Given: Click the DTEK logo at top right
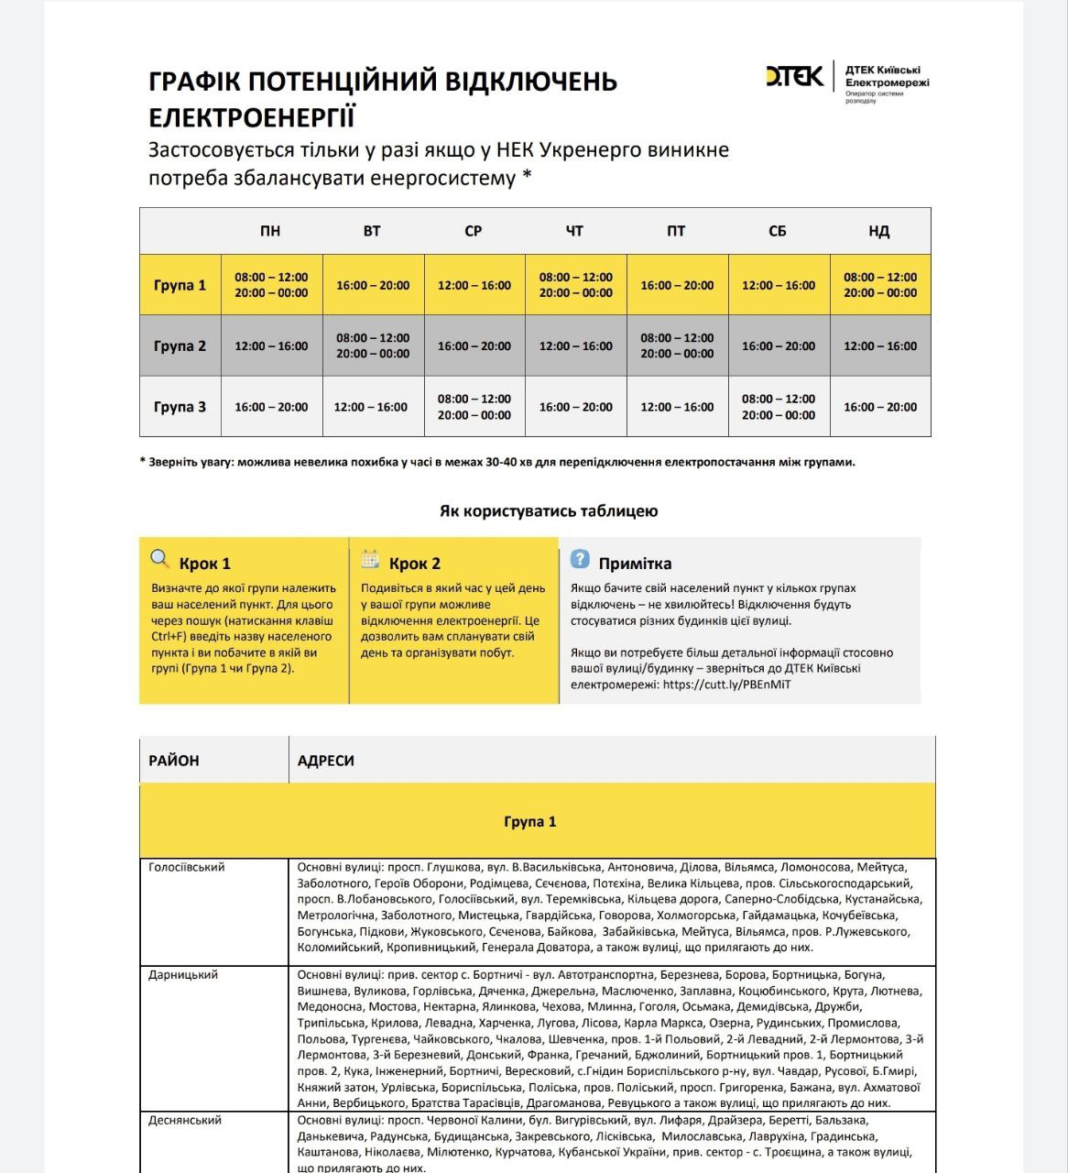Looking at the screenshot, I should click(x=794, y=76).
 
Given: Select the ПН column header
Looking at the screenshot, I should click(x=270, y=231).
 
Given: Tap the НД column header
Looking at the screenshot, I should click(x=879, y=231).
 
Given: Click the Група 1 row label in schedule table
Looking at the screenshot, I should click(x=180, y=285).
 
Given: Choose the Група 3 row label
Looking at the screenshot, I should click(x=180, y=407).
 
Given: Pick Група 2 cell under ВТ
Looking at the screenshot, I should click(x=373, y=345).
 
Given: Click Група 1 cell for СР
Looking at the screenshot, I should click(x=474, y=285).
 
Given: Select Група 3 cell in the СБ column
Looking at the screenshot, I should click(x=779, y=407).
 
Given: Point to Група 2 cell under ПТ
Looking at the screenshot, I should click(x=677, y=345).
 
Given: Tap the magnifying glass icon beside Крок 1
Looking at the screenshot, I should click(x=160, y=559).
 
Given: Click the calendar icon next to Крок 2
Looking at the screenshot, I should click(x=370, y=559).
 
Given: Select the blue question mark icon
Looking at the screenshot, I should click(x=579, y=559).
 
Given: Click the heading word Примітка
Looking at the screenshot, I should click(x=635, y=564).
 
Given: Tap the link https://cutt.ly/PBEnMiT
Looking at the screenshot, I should click(x=726, y=685).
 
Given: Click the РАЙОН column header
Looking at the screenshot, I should click(x=174, y=761).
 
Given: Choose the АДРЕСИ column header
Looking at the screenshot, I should click(x=326, y=761).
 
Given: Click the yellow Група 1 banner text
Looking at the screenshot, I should click(x=530, y=821).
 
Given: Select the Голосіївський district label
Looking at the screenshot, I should click(x=187, y=867).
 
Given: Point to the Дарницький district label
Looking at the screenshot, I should click(x=183, y=975).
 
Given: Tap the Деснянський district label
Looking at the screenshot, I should click(x=185, y=1120).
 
